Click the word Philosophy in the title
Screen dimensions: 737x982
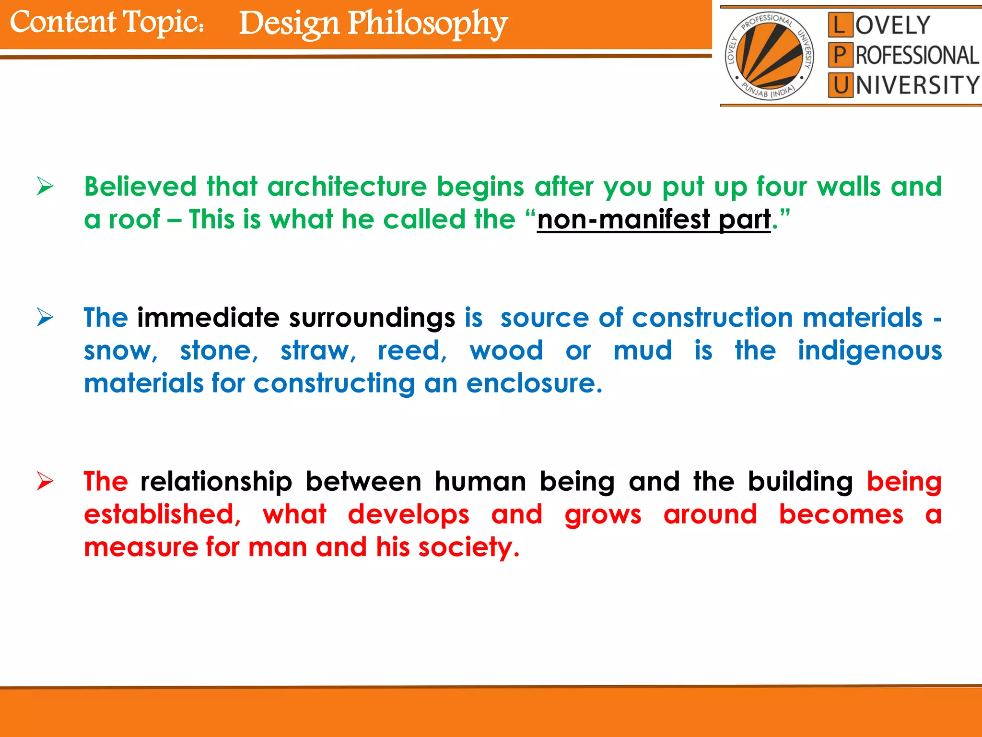pos(427,24)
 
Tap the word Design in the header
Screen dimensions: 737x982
pos(289,24)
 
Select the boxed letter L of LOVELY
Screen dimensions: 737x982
pos(840,25)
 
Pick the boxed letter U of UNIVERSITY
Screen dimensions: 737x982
pos(840,85)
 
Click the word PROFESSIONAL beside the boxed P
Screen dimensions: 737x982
pos(917,56)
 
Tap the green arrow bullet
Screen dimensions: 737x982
pos(45,186)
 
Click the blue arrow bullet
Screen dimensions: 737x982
pos(45,317)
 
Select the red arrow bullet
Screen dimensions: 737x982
pos(45,481)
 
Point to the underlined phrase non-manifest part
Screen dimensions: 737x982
pos(654,220)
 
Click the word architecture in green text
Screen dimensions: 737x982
pos(347,187)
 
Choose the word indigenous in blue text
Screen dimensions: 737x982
pos(869,351)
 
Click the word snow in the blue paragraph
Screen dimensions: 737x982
pos(119,351)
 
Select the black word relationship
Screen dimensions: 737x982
pos(216,481)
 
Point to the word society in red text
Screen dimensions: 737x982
pos(468,547)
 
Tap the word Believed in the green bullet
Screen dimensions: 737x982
pos(140,187)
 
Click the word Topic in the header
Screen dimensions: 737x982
pos(163,23)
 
